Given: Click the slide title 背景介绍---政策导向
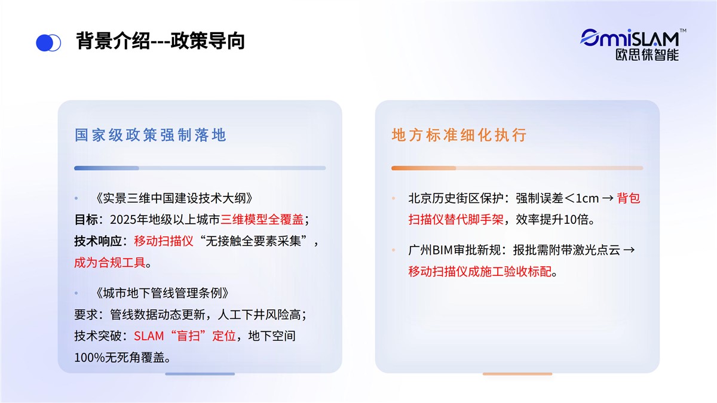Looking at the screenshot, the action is [160, 41].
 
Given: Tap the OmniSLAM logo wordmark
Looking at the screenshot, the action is [630, 38].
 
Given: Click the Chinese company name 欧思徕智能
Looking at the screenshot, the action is [647, 55].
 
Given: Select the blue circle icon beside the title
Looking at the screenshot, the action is [48, 42].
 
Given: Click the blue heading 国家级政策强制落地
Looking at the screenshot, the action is [151, 135].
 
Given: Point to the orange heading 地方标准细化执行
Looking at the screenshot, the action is [459, 135].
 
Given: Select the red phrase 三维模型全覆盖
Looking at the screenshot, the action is [262, 220].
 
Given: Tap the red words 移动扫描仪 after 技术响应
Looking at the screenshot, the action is [164, 241].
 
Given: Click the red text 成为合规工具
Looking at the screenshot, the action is [110, 262].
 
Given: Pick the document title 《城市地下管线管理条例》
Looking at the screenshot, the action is [163, 293].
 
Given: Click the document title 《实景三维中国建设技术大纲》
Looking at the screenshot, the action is [174, 198].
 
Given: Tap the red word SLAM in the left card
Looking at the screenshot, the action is [149, 336].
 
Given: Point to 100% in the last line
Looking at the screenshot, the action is [90, 358].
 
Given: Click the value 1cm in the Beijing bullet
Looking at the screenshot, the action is [587, 198].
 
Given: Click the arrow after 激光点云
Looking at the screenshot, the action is [629, 250].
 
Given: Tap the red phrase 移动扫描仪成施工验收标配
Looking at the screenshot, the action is [480, 272].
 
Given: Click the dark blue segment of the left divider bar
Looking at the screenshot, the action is [106, 168].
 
